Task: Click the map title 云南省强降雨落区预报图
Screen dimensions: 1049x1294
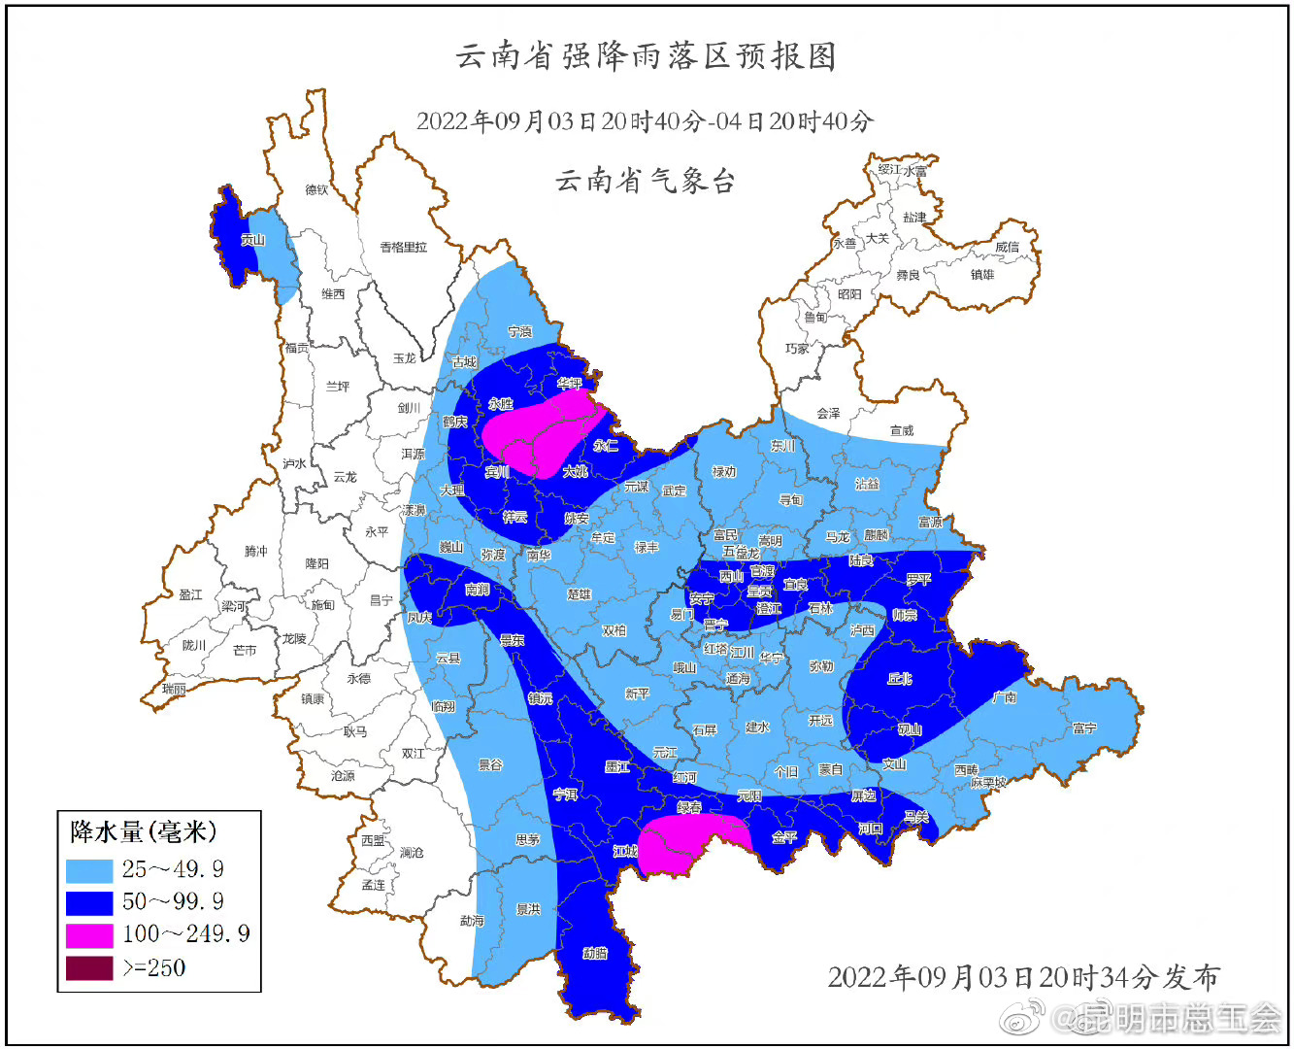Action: pyautogui.click(x=647, y=56)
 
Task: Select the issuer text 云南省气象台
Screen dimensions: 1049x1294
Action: pyautogui.click(x=646, y=181)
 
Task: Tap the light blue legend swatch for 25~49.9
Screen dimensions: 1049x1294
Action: pyautogui.click(x=89, y=868)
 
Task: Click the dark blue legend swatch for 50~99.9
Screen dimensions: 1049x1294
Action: pyautogui.click(x=89, y=901)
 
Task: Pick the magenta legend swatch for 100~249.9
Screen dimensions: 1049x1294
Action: pyautogui.click(x=89, y=934)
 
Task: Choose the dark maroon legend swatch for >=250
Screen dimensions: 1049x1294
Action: pyautogui.click(x=89, y=967)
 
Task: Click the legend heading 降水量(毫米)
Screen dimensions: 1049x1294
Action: pyautogui.click(x=143, y=832)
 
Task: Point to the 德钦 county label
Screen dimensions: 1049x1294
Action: pyautogui.click(x=316, y=189)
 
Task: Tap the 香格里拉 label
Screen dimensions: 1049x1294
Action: pyautogui.click(x=403, y=248)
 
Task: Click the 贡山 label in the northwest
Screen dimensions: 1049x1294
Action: pyautogui.click(x=252, y=240)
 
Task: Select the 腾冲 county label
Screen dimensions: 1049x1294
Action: pyautogui.click(x=255, y=551)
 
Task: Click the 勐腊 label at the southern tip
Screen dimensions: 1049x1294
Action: pyautogui.click(x=595, y=953)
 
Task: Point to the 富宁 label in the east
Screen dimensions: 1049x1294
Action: pyautogui.click(x=1084, y=728)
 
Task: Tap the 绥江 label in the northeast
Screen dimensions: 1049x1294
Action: pyautogui.click(x=888, y=170)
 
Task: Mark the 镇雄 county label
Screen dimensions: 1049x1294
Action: pyautogui.click(x=982, y=275)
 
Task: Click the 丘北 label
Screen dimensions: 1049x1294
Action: pyautogui.click(x=900, y=678)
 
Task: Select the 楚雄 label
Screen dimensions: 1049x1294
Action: pyautogui.click(x=579, y=593)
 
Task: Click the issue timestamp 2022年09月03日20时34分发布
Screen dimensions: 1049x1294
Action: pyautogui.click(x=1022, y=976)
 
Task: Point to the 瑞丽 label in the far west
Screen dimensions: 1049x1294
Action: pyautogui.click(x=174, y=689)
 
